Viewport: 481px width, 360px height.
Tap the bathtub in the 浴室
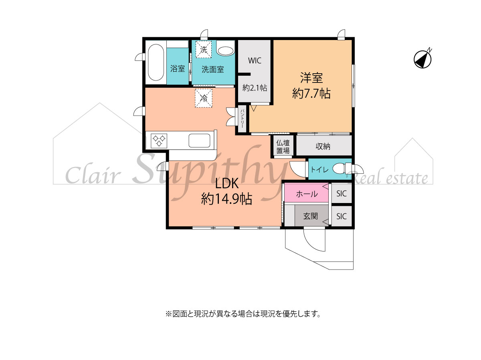[x=156, y=62]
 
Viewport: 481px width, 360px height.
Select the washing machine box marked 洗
[x=203, y=50]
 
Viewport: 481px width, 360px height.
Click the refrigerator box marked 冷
[x=204, y=98]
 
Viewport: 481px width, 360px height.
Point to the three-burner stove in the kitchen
[x=159, y=141]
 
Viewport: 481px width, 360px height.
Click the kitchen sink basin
[x=199, y=141]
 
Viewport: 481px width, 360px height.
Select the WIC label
[x=255, y=60]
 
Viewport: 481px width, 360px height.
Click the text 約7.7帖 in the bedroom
[x=311, y=94]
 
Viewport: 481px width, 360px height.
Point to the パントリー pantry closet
[x=242, y=119]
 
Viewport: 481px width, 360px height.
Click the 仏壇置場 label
[x=283, y=147]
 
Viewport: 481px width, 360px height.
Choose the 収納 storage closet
[x=324, y=145]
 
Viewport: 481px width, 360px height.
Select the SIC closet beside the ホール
[x=342, y=193]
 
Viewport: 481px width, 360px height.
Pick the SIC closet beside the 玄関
[x=342, y=216]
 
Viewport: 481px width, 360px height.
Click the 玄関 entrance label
[x=311, y=216]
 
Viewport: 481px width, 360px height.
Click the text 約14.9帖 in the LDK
[x=226, y=199]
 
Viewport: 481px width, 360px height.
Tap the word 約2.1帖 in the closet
[x=255, y=88]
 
